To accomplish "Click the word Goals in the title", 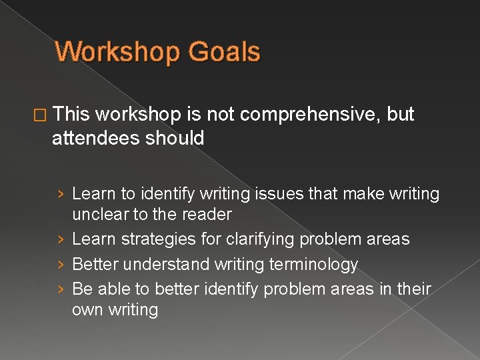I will [x=225, y=52].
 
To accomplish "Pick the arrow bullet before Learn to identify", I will [x=61, y=194].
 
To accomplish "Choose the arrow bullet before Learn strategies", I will [x=61, y=239].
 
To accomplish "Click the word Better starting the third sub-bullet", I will [x=93, y=265].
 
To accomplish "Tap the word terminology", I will [x=313, y=265].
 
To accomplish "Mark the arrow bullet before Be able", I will [x=61, y=289].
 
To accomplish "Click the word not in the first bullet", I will [x=220, y=115].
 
